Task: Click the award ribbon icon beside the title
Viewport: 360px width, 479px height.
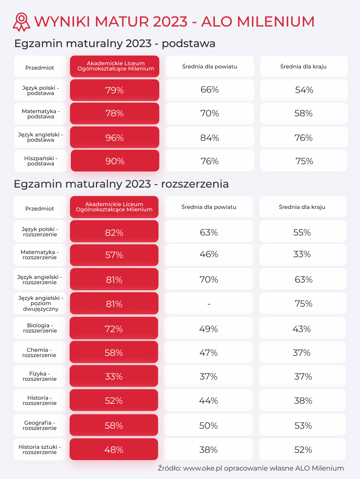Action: [21, 22]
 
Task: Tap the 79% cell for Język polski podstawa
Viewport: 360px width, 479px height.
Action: [115, 90]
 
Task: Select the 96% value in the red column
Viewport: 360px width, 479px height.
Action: [115, 138]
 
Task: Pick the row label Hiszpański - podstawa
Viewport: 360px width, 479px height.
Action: [41, 161]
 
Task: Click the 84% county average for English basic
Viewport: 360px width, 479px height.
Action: [210, 138]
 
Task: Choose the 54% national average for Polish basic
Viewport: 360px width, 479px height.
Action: [304, 90]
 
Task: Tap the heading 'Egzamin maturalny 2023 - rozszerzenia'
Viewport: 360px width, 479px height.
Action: [121, 184]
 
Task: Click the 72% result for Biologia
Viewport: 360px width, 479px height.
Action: [114, 329]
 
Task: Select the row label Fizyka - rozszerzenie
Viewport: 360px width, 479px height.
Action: [39, 376]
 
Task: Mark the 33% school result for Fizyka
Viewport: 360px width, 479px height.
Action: [114, 376]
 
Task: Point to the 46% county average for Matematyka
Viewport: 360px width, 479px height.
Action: [209, 254]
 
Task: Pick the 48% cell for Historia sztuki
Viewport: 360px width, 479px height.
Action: [114, 450]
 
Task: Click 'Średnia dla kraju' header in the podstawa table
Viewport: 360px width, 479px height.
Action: [303, 66]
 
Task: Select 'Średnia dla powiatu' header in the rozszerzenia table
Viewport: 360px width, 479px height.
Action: [209, 207]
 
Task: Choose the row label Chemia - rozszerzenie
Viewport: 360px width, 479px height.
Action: [39, 353]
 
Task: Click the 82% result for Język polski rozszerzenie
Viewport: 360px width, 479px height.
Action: [114, 232]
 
